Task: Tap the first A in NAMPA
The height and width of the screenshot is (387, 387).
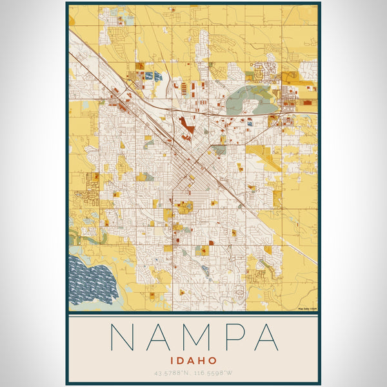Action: tap(160, 337)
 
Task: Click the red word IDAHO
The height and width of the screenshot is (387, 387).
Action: tap(193, 361)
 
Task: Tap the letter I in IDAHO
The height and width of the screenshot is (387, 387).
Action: tap(172, 361)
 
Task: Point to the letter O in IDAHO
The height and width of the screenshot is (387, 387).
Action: tap(213, 361)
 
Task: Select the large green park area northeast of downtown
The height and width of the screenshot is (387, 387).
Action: tap(248, 100)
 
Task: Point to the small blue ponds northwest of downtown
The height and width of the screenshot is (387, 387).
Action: tap(154, 77)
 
